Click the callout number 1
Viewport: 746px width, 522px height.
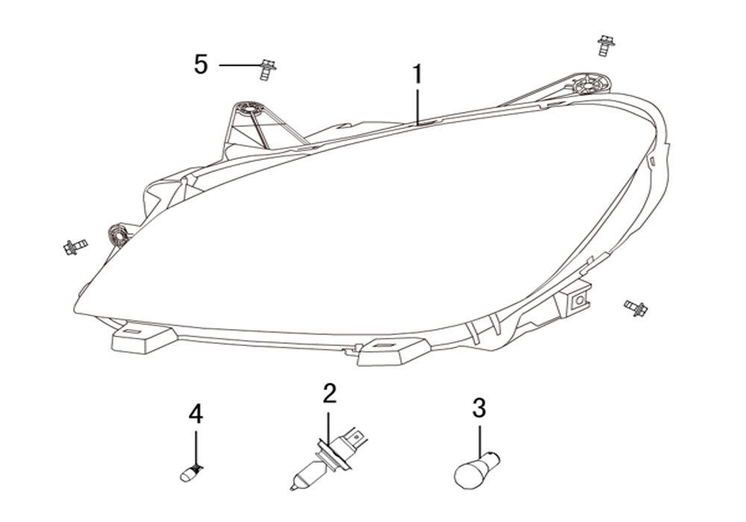[x=417, y=75]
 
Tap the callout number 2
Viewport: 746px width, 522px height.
[x=329, y=393]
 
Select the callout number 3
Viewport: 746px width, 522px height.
[x=479, y=408]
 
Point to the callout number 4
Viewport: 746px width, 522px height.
[x=195, y=414]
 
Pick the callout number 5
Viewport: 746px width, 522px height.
[x=201, y=64]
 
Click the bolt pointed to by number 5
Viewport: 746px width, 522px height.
[x=269, y=70]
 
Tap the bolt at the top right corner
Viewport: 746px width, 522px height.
[x=606, y=45]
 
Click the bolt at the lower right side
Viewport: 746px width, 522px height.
[x=636, y=307]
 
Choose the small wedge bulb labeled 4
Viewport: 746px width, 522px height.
[x=192, y=473]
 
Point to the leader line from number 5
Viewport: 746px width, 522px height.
[x=241, y=65]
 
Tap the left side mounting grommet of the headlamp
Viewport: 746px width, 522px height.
[x=119, y=235]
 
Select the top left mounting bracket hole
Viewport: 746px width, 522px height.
[x=249, y=108]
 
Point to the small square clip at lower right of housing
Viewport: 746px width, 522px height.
[x=580, y=301]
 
